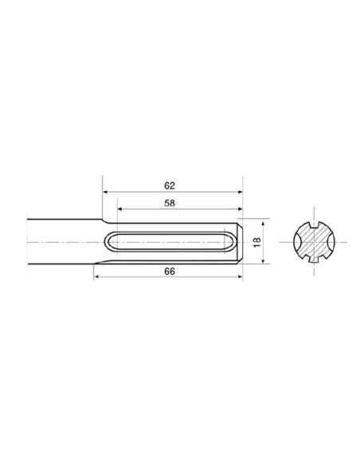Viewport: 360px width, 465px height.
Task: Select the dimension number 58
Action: [x=170, y=205]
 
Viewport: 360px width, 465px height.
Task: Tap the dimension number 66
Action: [x=170, y=272]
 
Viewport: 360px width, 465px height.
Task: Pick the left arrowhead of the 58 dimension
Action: [x=120, y=212]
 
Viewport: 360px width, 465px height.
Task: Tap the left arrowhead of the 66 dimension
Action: [x=98, y=277]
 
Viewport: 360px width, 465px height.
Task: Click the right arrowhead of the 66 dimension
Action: [x=238, y=277]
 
